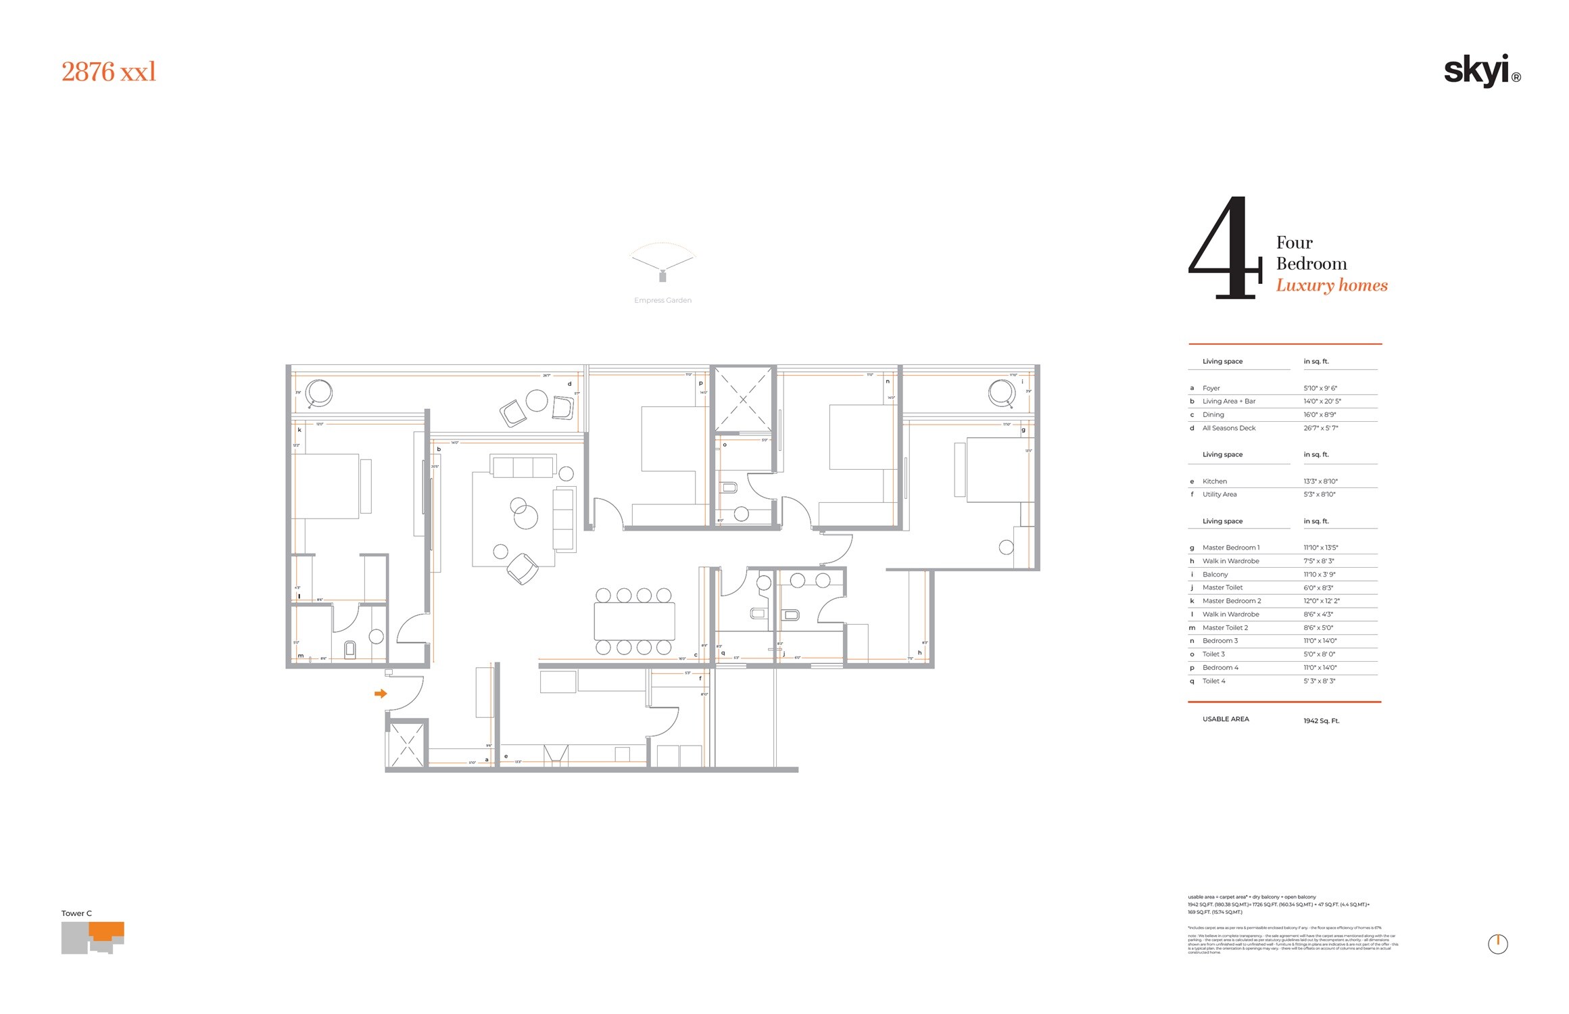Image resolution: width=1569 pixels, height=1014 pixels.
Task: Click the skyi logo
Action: point(1480,71)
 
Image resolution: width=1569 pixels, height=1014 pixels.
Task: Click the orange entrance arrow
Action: point(381,694)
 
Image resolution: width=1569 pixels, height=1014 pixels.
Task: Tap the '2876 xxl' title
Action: point(109,72)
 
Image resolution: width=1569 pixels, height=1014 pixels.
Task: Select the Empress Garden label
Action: point(662,300)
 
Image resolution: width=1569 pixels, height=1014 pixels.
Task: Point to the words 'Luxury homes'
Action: point(1331,285)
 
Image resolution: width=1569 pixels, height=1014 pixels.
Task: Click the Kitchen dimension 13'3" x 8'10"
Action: point(1320,481)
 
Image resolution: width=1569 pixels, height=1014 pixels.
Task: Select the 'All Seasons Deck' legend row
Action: point(1228,428)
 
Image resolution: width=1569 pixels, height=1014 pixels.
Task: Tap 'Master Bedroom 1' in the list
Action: point(1230,548)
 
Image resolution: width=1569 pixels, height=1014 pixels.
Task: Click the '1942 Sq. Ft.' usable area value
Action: point(1321,721)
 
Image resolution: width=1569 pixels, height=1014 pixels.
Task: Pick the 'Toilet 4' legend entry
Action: point(1213,681)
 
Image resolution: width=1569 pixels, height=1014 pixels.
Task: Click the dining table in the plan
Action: point(634,621)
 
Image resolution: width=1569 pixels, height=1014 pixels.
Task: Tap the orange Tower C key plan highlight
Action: point(107,931)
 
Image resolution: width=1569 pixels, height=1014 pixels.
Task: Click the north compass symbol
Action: point(1497,944)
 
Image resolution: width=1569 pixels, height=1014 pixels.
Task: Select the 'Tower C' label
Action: point(76,913)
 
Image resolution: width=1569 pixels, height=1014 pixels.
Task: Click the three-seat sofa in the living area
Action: point(523,467)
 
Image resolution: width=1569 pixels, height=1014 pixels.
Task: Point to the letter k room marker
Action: point(299,430)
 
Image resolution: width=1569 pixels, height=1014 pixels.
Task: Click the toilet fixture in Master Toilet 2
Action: point(349,650)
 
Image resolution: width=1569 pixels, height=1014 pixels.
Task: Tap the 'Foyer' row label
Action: point(1211,388)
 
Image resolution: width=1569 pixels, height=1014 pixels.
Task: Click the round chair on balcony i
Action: point(1001,392)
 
